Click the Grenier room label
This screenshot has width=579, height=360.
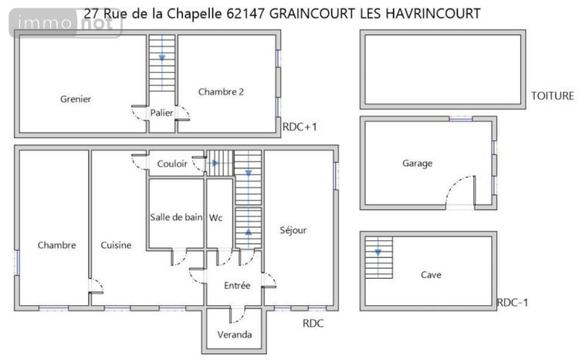(76, 99)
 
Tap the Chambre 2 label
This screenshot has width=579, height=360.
(221, 91)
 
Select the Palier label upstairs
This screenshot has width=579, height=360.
(161, 113)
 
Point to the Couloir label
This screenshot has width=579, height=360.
(172, 164)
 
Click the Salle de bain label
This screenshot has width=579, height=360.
(175, 217)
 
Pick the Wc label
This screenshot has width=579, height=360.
(216, 217)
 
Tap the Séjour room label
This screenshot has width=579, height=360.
(293, 230)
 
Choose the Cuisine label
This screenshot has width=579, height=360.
(116, 245)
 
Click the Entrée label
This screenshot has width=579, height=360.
(237, 285)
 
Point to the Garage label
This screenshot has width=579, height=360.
(417, 163)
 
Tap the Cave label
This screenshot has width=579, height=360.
(431, 274)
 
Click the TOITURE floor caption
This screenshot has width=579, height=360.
(552, 96)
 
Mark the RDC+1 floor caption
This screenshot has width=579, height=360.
(300, 127)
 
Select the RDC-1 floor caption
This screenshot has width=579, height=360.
(513, 302)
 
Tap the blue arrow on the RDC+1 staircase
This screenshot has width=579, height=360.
(161, 57)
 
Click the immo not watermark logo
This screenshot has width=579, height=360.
(65, 25)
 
